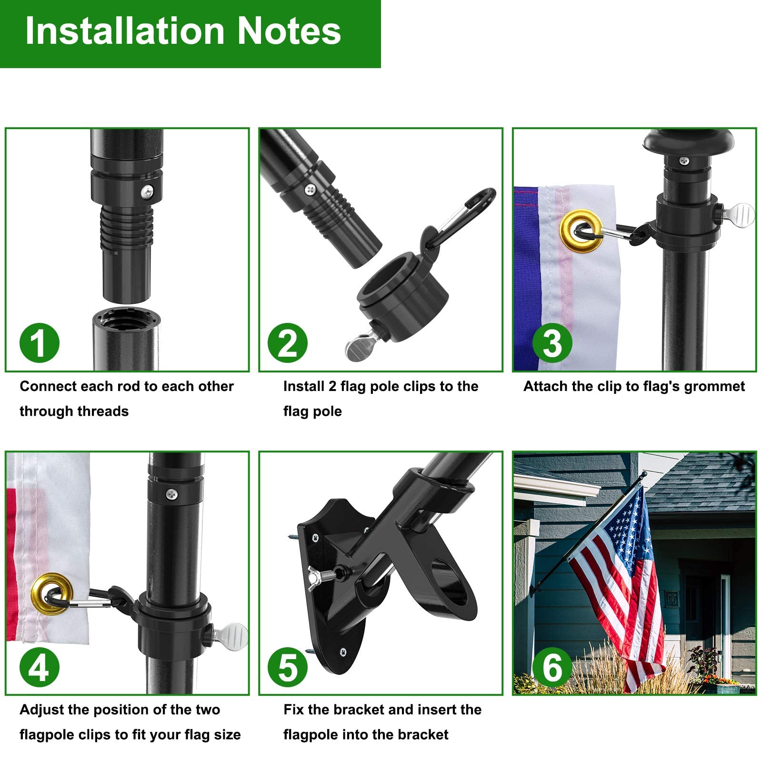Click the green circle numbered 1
pos(40,343)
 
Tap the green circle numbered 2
pos(288,343)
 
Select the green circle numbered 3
pos(552,343)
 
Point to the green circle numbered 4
pos(40,667)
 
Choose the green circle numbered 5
pos(288,667)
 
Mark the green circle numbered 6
pos(552,667)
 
